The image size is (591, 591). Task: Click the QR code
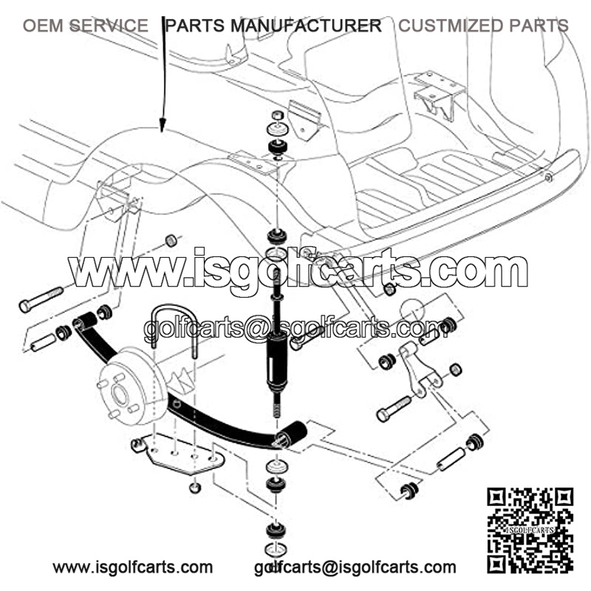(530, 530)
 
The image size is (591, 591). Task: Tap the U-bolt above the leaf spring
(174, 331)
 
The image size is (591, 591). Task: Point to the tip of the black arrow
(163, 132)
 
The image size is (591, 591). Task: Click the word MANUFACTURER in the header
(306, 26)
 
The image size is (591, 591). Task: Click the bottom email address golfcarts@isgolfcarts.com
(355, 567)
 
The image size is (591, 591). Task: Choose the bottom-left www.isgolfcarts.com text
(133, 567)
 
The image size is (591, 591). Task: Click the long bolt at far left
(41, 300)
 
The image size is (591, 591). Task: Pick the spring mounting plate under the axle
(178, 454)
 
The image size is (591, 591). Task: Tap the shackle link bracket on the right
(419, 370)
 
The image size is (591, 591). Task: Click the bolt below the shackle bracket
(394, 409)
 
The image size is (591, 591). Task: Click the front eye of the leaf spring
(84, 322)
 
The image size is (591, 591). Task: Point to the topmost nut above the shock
(278, 115)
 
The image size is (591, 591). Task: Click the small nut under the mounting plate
(194, 488)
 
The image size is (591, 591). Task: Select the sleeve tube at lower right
(451, 458)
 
